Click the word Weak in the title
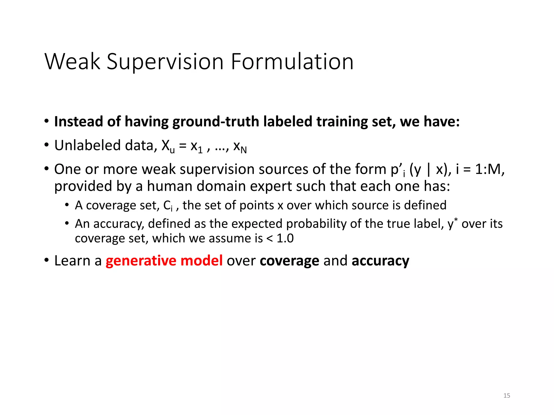pos(72,62)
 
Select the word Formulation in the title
pos(292,62)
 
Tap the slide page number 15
pos(507,396)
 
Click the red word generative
pos(141,261)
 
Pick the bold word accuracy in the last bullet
pos(380,261)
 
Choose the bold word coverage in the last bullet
pos(289,261)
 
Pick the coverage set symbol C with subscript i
pos(168,206)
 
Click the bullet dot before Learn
pos(47,260)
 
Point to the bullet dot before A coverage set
pos(67,205)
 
